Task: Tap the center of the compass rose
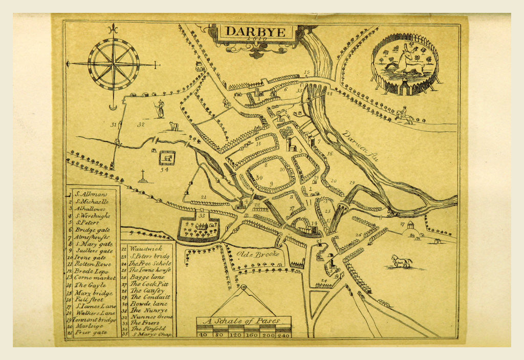click(114, 64)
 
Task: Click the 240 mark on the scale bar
click(283, 334)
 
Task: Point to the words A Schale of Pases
click(244, 322)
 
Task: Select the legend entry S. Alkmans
click(93, 194)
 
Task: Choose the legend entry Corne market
click(93, 277)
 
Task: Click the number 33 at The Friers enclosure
click(201, 216)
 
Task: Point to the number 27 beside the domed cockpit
click(402, 224)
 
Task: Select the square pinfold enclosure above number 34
click(167, 158)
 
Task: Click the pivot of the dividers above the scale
click(244, 288)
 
